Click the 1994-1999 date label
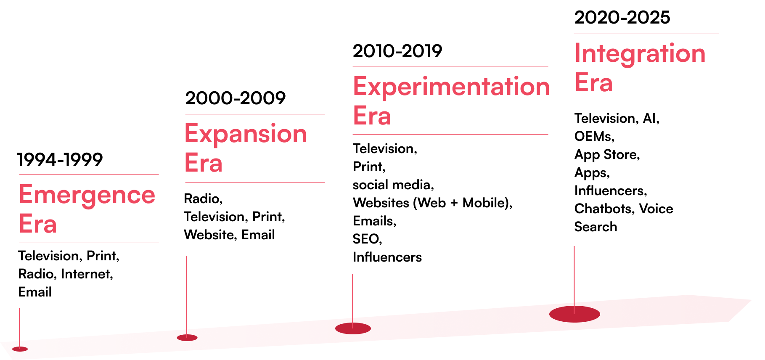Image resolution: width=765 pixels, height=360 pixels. coord(60,159)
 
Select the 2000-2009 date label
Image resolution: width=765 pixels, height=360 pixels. coord(236,98)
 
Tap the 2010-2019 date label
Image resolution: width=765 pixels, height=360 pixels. coord(397,51)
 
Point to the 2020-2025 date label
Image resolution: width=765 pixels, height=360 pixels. coord(622,17)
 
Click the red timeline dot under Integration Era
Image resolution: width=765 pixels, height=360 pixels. coord(574,314)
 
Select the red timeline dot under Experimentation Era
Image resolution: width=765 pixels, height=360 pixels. coord(353,328)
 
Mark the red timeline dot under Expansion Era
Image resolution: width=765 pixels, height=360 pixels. coord(187,338)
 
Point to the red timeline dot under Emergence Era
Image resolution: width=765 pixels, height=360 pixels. coord(20,349)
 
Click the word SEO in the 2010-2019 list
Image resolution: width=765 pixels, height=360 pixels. coord(366,239)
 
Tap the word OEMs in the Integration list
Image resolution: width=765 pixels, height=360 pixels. coord(593,136)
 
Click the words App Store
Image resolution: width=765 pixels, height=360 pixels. coord(606,155)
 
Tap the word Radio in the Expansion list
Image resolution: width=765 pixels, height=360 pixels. coord(201,199)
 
